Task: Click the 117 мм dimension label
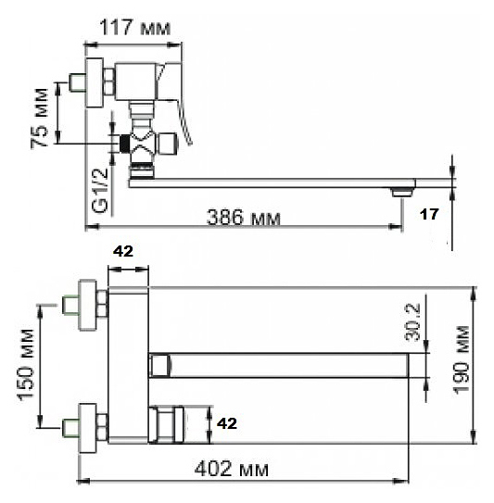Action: (x=134, y=28)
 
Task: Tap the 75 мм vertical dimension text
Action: (x=40, y=118)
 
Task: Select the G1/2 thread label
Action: (x=100, y=190)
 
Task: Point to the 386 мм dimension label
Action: (x=244, y=217)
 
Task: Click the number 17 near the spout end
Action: (x=429, y=214)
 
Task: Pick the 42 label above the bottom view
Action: (x=123, y=252)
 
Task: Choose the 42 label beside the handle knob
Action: (x=227, y=423)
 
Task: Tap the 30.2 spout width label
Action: (x=412, y=321)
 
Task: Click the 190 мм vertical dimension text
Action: (x=462, y=359)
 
